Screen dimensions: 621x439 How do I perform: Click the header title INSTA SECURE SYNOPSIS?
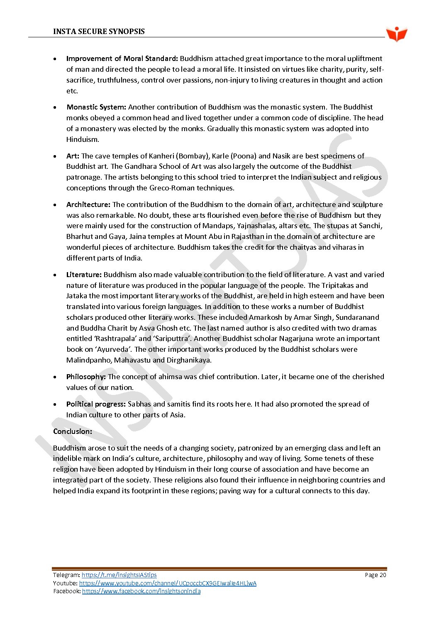click(99, 32)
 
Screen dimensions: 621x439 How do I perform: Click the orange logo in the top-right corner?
click(396, 34)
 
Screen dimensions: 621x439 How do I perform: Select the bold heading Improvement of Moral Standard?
click(122, 58)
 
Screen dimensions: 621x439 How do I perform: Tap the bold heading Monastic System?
click(96, 107)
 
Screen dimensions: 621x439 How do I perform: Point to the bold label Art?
click(73, 156)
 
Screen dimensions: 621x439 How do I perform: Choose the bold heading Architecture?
click(88, 205)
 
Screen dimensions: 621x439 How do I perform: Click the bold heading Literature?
click(84, 275)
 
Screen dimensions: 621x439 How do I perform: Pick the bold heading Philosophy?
click(86, 377)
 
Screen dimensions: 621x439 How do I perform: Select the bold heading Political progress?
click(96, 404)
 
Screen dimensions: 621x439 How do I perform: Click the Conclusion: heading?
click(73, 431)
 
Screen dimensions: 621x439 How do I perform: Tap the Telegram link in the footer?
click(119, 575)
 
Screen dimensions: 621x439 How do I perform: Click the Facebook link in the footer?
click(141, 591)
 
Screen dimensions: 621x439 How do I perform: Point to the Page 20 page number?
click(375, 575)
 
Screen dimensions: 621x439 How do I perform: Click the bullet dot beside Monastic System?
click(55, 107)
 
